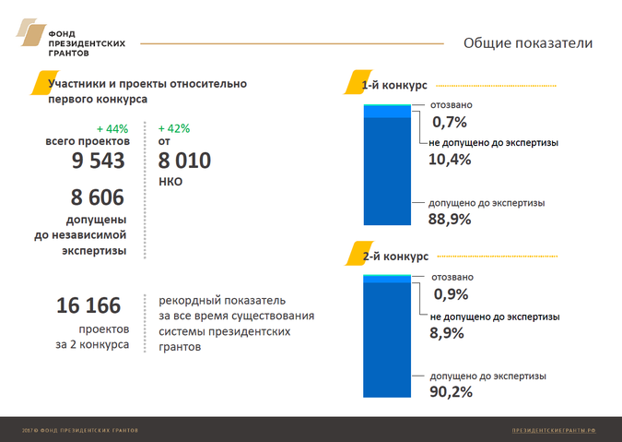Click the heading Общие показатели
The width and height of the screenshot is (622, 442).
[527, 42]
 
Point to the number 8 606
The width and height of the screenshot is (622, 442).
[98, 198]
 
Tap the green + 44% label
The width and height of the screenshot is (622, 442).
[111, 127]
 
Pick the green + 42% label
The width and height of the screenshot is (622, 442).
[174, 127]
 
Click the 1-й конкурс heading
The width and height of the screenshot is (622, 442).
[393, 86]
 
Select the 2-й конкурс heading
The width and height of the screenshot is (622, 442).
[394, 256]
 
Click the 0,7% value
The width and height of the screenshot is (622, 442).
[450, 121]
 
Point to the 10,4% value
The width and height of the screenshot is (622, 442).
[450, 160]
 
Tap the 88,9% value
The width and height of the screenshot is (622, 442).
[450, 219]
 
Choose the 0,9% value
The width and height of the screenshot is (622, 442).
[451, 294]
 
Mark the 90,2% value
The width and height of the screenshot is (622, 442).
[451, 392]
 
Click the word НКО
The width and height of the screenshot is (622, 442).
[170, 183]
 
